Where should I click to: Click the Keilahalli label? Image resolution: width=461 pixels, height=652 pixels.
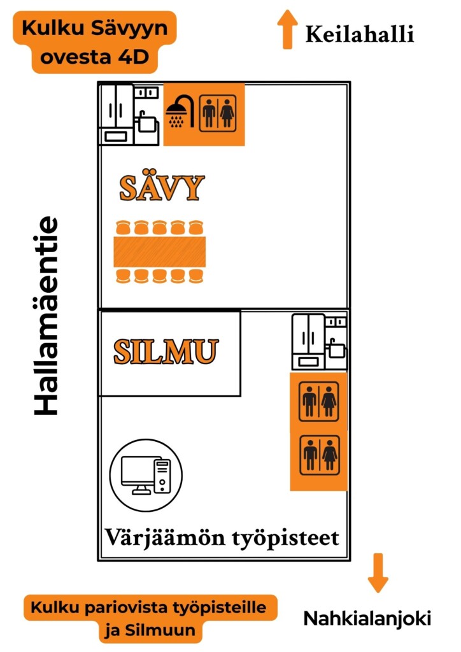coord(360,34)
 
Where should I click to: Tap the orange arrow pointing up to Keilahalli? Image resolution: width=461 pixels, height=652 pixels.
coord(287,29)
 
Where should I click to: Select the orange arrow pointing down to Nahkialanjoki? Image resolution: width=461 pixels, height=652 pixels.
coord(378,572)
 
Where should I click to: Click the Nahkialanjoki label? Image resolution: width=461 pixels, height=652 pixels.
coord(367,618)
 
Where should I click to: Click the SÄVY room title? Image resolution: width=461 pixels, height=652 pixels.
coord(162,188)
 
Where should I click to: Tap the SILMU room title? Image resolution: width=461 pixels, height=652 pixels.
coord(166,351)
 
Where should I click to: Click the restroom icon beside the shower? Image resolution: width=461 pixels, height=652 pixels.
coord(218,113)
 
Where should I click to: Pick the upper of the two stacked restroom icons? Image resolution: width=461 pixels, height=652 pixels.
coord(319,401)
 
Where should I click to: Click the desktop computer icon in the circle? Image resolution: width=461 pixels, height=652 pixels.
coord(146,475)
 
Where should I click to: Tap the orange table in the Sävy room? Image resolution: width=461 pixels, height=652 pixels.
coord(160,252)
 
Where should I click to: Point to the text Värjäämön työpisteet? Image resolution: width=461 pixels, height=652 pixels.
coord(222,537)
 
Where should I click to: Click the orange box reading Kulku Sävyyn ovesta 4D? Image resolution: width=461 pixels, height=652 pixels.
coord(94,42)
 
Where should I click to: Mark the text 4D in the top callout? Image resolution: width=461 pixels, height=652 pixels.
coord(132,57)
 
